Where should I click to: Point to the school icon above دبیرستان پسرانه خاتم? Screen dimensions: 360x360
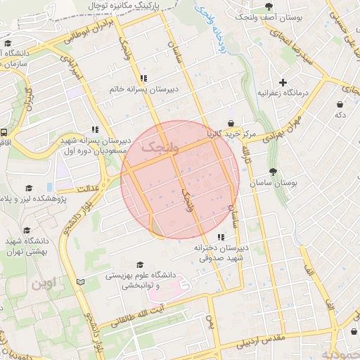[144, 79]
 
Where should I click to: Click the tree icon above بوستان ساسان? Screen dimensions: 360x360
[273, 172]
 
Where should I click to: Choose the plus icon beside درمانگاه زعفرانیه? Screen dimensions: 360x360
[283, 82]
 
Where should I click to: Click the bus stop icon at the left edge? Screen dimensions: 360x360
[4, 131]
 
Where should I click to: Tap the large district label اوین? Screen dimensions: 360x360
[46, 285]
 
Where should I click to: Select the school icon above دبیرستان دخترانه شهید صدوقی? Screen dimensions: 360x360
[221, 237]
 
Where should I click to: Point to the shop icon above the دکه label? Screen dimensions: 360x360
[340, 103]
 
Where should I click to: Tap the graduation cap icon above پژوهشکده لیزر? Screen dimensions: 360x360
[29, 188]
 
